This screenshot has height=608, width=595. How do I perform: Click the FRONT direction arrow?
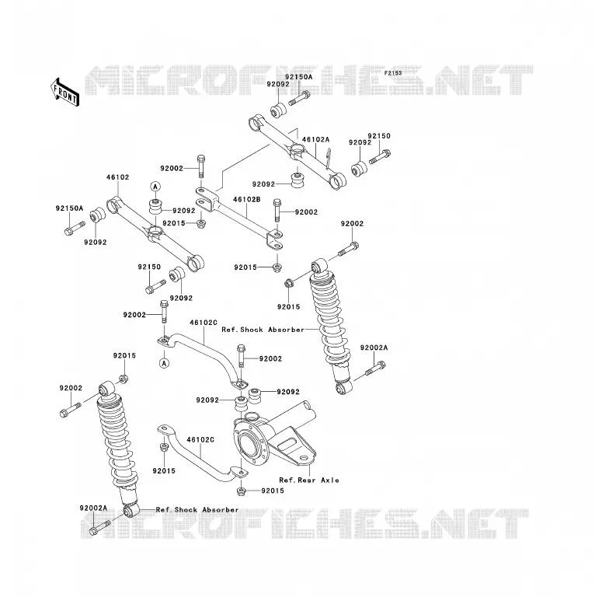[65, 93]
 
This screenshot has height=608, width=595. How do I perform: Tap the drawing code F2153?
[393, 73]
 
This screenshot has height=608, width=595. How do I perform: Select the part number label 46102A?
[315, 139]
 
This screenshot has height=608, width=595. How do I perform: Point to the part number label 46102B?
[247, 200]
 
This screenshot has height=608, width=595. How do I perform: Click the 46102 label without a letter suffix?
[118, 177]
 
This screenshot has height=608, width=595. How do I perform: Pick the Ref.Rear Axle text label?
[309, 480]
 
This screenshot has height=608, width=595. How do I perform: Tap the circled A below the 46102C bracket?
[165, 363]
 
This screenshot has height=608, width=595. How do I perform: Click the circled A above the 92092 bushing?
[155, 187]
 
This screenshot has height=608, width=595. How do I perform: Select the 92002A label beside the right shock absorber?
[374, 348]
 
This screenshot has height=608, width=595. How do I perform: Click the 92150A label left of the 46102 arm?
[69, 208]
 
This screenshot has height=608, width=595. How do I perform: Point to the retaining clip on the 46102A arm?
[329, 159]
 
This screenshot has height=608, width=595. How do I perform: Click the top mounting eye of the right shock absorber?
[319, 267]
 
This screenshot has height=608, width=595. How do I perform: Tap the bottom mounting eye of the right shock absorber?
[343, 388]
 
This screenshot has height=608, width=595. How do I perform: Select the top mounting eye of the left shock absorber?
[106, 389]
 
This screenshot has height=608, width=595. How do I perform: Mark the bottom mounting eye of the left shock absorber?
[130, 510]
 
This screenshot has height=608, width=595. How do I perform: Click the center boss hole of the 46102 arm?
[155, 232]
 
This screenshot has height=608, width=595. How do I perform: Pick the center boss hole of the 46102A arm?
[297, 149]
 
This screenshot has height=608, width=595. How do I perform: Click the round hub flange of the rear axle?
[251, 444]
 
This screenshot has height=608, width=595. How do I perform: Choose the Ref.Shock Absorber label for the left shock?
[197, 510]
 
